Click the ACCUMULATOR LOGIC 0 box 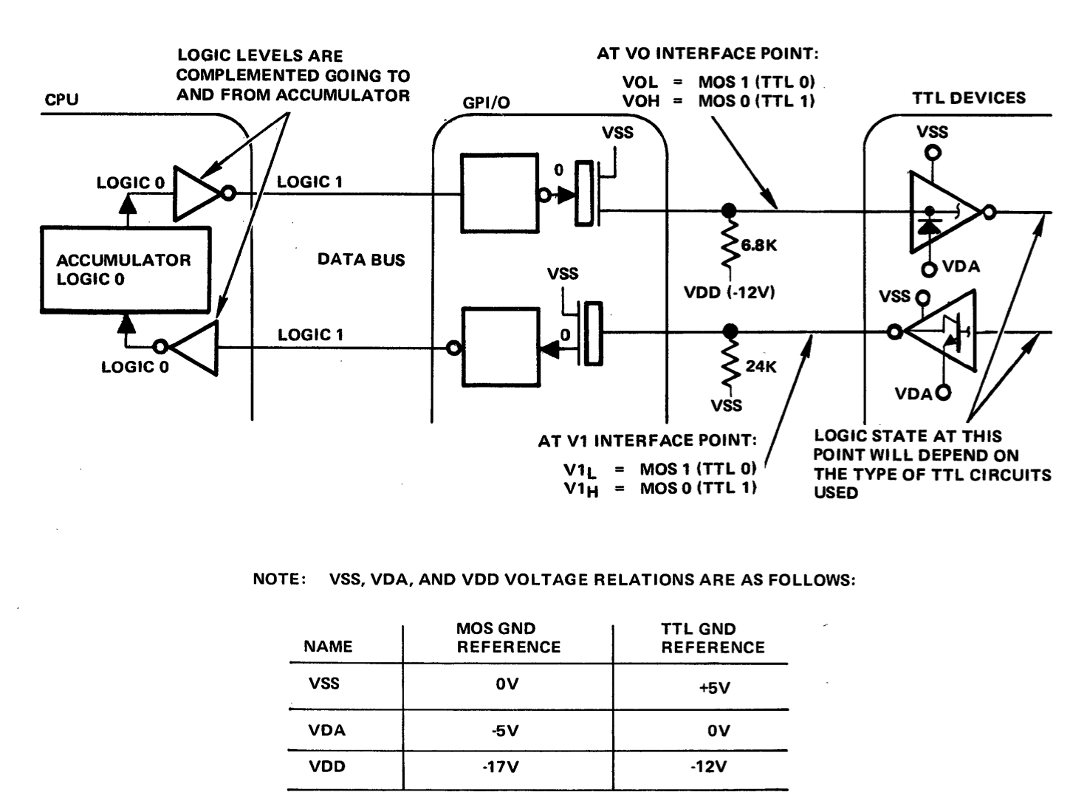click(124, 269)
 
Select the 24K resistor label click(761, 365)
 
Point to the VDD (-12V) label click(730, 292)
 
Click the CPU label click(61, 100)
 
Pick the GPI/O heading click(487, 103)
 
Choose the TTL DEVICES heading click(968, 98)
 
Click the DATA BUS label click(361, 260)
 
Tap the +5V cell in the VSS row click(713, 688)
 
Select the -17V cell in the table click(507, 767)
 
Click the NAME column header click(328, 647)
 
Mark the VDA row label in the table click(326, 730)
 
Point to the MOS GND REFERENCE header click(508, 638)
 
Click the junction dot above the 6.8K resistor click(729, 211)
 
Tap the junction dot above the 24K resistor click(730, 331)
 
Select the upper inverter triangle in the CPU click(196, 193)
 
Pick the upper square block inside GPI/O click(499, 193)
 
